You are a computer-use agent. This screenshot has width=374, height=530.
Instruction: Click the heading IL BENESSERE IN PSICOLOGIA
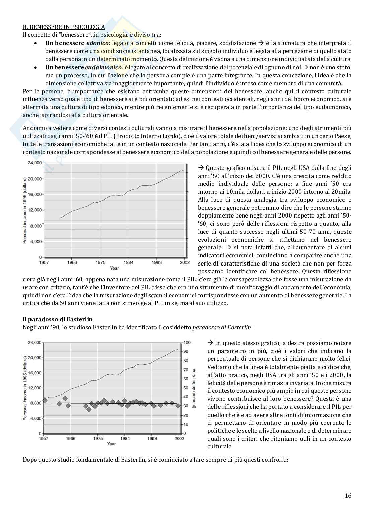[64, 27]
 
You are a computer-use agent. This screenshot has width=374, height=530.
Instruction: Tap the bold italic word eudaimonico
[105, 67]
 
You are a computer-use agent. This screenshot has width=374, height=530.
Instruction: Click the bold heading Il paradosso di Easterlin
[58, 319]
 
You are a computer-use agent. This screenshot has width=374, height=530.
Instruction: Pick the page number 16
[348, 496]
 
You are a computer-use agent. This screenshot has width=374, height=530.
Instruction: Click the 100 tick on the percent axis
[187, 343]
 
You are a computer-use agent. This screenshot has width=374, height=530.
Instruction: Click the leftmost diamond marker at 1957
[45, 400]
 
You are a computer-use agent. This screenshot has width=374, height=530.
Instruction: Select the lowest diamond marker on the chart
[89, 409]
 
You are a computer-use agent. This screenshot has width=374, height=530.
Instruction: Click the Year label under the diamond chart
[111, 444]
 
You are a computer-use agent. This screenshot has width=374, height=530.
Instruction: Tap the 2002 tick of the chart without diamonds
[184, 263]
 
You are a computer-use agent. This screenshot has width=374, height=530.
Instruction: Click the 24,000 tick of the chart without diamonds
[34, 163]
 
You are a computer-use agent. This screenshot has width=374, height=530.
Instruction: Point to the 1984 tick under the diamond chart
[125, 438]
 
